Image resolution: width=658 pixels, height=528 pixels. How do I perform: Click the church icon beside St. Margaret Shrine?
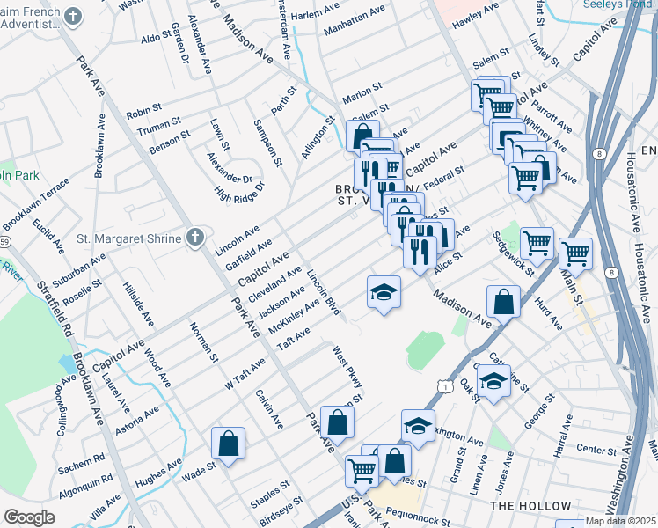[194, 238]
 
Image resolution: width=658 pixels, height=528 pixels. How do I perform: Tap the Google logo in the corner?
[30, 517]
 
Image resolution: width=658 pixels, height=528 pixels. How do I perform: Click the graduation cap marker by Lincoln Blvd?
[384, 293]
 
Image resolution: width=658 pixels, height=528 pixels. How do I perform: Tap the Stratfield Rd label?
[55, 309]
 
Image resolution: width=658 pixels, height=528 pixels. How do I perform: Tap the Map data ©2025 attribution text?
[620, 521]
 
